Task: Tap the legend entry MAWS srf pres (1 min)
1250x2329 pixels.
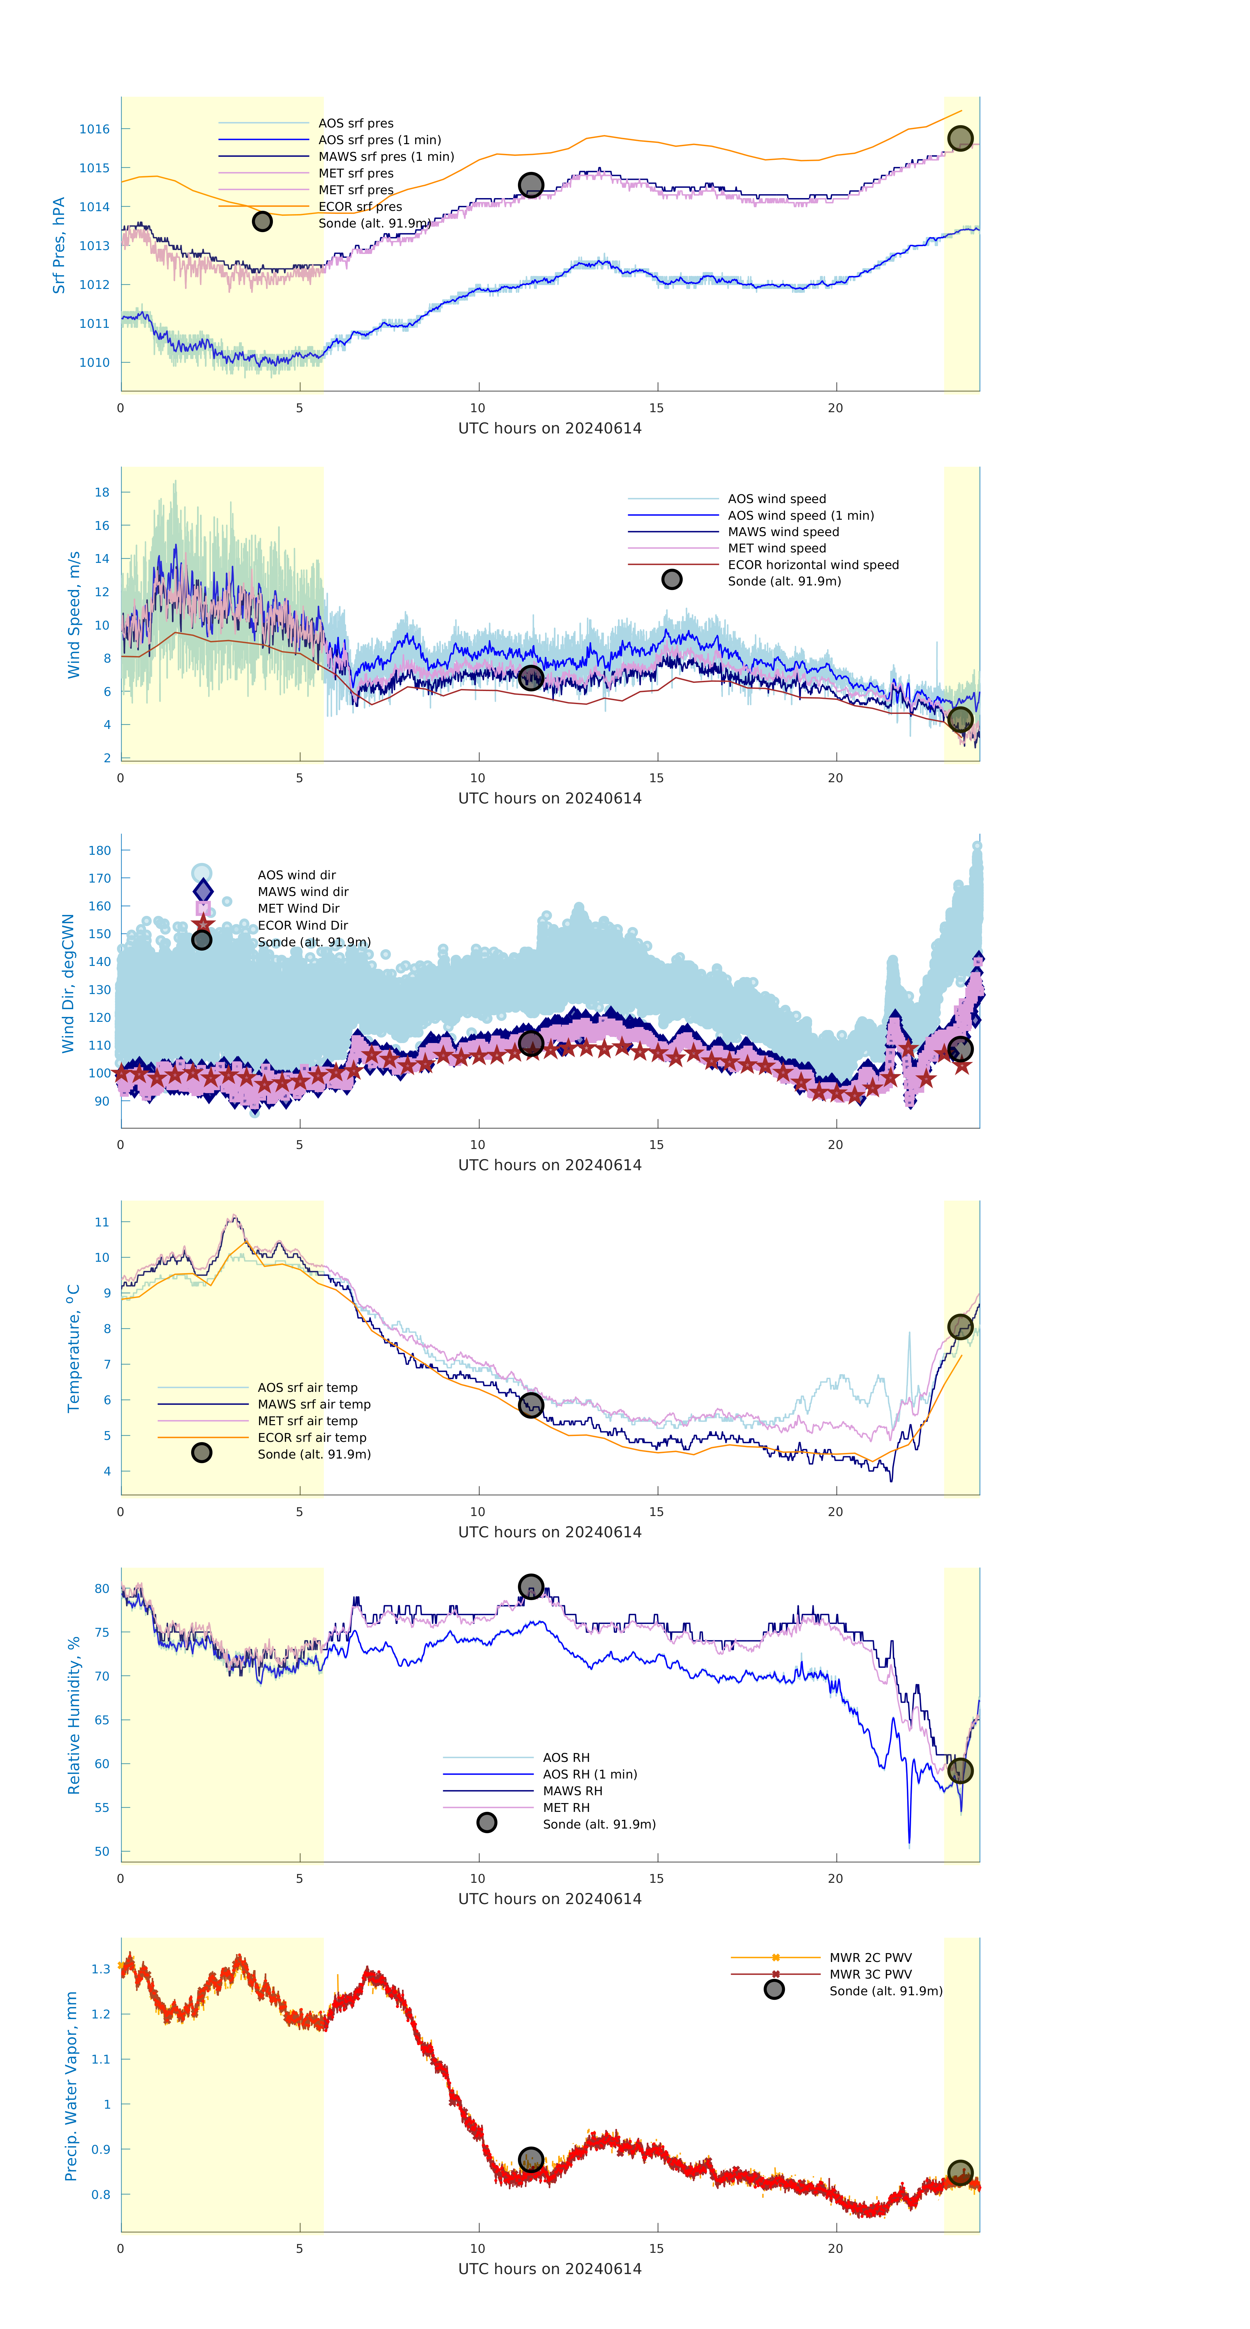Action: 386,157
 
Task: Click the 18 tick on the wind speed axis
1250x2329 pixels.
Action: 102,493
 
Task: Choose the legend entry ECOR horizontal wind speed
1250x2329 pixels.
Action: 812,565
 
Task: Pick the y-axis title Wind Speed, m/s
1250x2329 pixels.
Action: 74,615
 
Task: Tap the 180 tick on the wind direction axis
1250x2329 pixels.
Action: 99,851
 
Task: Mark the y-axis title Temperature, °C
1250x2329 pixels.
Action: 74,1348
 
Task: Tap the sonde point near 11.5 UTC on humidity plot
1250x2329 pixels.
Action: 530,1587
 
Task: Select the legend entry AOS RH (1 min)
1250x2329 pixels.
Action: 589,1775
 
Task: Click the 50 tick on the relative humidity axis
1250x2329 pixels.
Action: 102,1852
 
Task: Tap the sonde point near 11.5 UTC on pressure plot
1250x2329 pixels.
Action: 530,185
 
